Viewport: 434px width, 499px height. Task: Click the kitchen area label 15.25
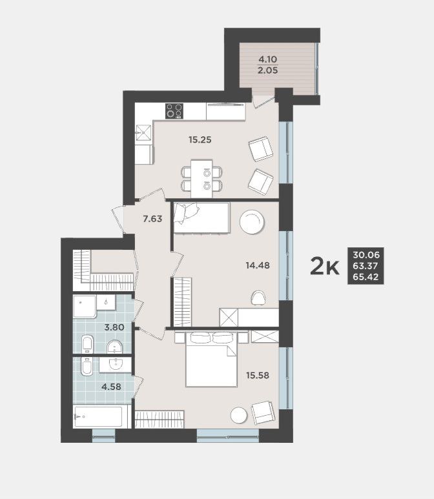200,139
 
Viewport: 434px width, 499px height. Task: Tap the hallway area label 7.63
152,219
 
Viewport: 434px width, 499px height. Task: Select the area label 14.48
258,265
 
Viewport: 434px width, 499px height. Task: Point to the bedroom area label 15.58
258,376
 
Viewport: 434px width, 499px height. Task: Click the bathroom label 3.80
114,327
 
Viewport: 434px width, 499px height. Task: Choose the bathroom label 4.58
111,387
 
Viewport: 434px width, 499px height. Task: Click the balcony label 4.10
268,59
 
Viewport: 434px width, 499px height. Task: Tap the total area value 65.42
366,277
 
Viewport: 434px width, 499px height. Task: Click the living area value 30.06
366,255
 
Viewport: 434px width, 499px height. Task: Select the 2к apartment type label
324,267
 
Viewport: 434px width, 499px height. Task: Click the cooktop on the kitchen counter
174,111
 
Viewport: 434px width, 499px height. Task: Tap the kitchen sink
143,132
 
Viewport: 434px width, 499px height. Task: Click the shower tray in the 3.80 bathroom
85,307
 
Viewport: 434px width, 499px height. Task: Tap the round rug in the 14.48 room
252,222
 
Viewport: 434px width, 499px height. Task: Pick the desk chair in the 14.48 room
258,298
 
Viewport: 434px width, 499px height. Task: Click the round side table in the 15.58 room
239,416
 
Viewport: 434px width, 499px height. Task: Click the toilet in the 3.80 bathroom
87,343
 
